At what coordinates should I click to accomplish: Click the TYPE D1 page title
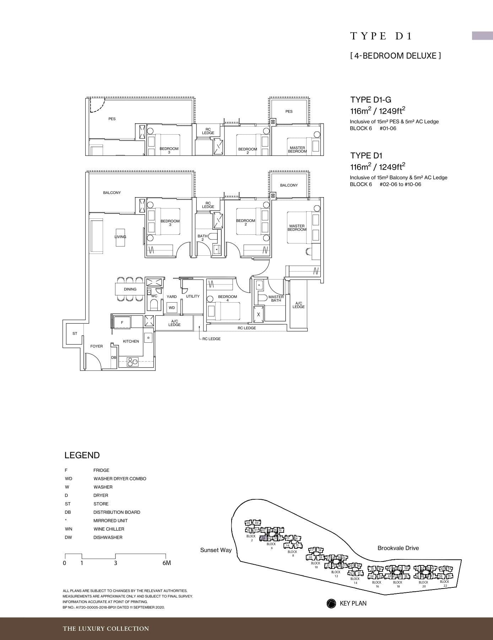point(381,36)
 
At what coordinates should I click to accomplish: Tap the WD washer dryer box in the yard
point(172,308)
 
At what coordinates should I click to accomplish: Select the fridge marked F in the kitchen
point(122,322)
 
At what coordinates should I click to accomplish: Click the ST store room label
point(75,333)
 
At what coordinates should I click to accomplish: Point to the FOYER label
point(96,346)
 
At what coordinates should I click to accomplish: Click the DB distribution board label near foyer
point(114,357)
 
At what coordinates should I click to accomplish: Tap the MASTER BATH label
point(276,299)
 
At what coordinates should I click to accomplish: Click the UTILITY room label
point(193,296)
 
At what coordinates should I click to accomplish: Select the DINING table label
point(130,289)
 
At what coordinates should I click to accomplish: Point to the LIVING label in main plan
point(120,237)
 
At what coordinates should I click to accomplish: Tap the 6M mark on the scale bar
point(166,563)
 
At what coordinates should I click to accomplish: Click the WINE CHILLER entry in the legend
point(109,529)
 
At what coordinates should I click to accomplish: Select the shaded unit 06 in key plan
point(263,538)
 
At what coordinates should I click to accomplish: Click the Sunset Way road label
point(216,550)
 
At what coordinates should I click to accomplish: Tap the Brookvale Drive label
point(398,548)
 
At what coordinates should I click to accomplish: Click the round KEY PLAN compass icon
point(331,603)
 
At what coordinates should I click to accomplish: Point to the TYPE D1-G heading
point(370,100)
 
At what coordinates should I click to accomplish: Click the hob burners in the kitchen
point(133,362)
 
